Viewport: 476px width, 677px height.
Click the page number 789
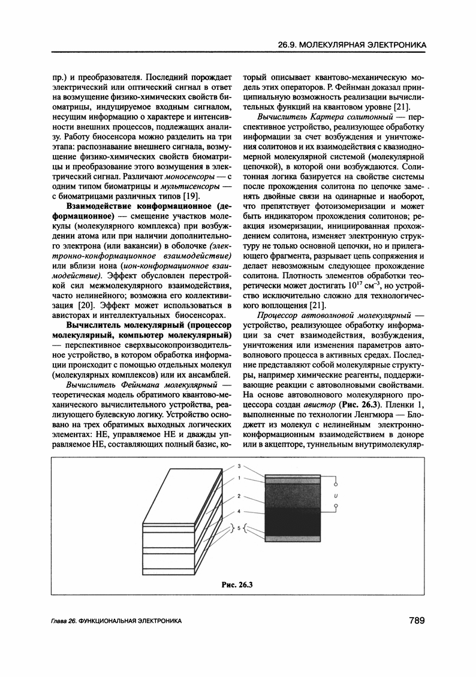[414, 620]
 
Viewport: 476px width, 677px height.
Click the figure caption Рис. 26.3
[237, 585]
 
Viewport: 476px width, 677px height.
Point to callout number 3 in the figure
[239, 466]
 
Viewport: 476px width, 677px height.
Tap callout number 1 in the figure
[239, 477]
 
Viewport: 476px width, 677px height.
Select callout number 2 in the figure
[239, 496]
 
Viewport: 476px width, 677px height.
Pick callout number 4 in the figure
[239, 512]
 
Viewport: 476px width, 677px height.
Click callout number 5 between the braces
[239, 529]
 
